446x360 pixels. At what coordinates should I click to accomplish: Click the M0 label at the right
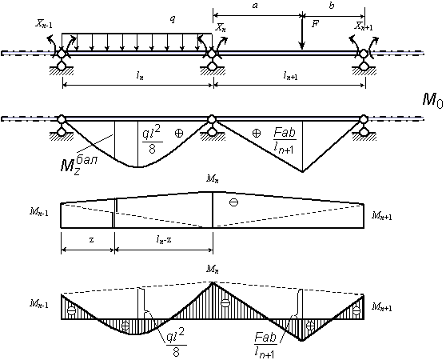[432, 101]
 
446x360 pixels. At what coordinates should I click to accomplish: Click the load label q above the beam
[173, 19]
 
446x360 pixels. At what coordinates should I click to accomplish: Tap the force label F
[315, 24]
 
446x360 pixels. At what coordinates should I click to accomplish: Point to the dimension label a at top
[255, 5]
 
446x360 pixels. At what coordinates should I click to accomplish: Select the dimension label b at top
[332, 6]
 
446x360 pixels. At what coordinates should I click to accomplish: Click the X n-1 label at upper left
[43, 24]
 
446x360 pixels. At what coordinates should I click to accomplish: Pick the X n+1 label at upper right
[364, 26]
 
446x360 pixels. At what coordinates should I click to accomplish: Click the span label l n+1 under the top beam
[290, 75]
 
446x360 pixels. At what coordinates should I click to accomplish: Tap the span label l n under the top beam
[140, 76]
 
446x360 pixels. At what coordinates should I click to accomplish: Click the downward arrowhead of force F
[302, 46]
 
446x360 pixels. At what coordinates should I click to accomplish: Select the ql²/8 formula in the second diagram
[153, 141]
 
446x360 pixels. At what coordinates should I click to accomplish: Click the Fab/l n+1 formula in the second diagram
[284, 140]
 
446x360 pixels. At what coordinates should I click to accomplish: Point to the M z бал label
[78, 165]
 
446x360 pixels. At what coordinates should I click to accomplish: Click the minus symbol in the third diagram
[234, 202]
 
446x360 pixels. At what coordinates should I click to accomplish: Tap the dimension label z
[91, 240]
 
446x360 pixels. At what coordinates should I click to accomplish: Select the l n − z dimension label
[164, 240]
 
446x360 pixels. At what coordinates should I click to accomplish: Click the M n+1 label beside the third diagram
[381, 216]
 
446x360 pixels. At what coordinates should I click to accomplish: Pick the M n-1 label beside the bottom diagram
[38, 304]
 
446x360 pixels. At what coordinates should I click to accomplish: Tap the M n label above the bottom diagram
[213, 269]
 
